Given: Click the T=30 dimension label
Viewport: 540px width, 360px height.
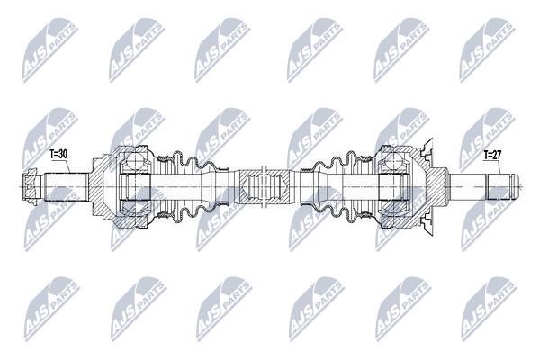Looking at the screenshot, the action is point(58,154).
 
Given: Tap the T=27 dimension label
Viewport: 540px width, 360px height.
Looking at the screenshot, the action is point(492,156).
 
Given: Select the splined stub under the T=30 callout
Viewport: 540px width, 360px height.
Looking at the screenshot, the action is point(67,186).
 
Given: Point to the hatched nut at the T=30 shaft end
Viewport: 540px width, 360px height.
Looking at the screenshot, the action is point(31,186).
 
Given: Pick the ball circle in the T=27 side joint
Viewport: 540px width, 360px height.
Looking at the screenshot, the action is point(393,161).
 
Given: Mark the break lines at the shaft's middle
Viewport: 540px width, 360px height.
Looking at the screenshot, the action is point(265,186).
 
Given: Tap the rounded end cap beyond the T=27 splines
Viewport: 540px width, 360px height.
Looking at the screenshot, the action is point(514,187).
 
